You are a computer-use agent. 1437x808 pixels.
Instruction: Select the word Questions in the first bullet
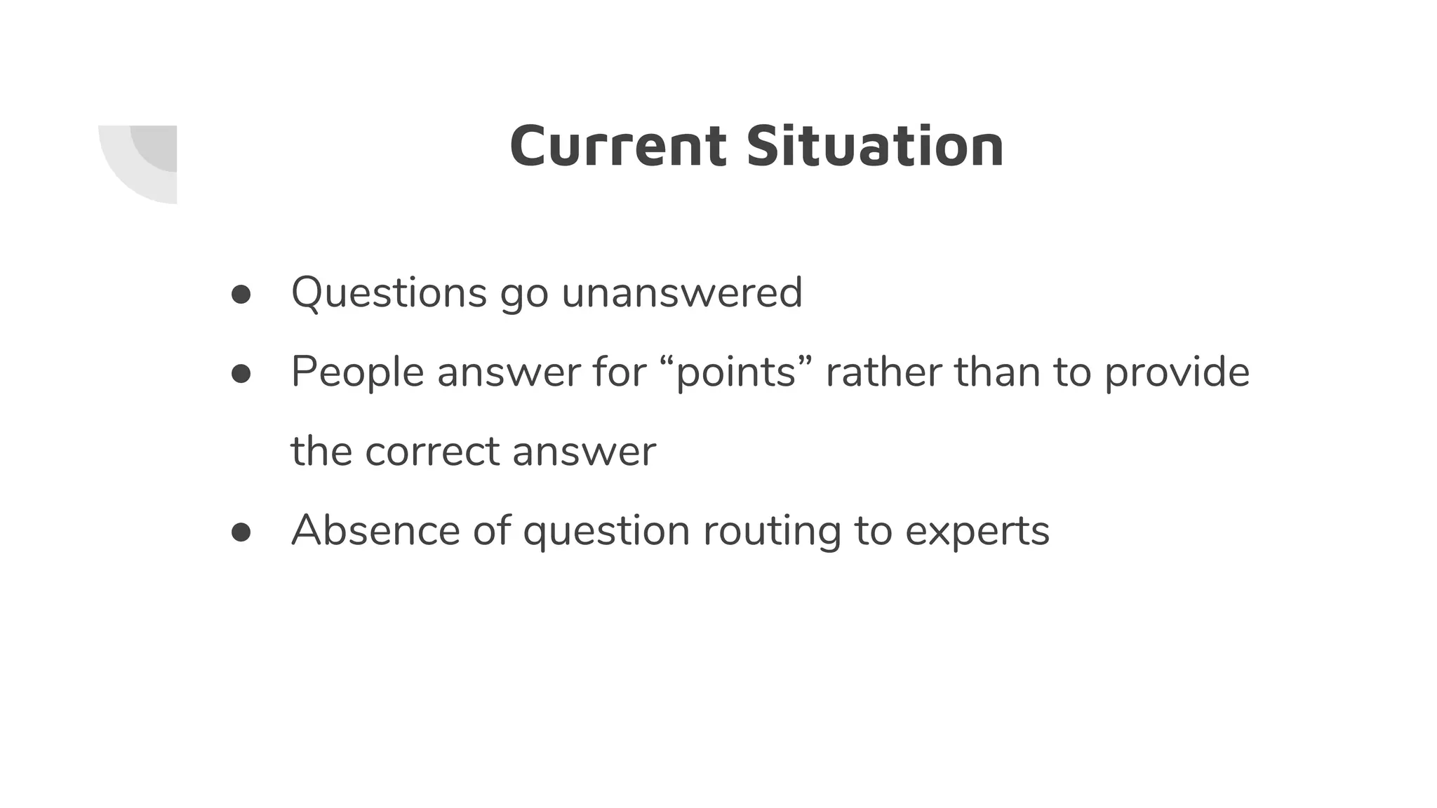pyautogui.click(x=389, y=292)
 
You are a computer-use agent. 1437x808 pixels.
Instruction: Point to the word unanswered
pyautogui.click(x=681, y=292)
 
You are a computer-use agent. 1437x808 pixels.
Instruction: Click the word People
pyautogui.click(x=357, y=372)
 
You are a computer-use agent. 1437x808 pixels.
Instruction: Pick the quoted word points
pyautogui.click(x=736, y=372)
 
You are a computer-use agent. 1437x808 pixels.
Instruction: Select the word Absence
pyautogui.click(x=375, y=530)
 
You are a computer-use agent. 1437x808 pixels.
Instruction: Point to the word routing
pyautogui.click(x=772, y=530)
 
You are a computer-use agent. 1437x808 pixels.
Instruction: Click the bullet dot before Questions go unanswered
pyautogui.click(x=241, y=295)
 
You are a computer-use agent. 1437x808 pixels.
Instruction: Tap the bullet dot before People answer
pyautogui.click(x=241, y=374)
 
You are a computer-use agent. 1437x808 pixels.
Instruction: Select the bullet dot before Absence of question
pyautogui.click(x=241, y=532)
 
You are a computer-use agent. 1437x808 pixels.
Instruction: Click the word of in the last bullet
pyautogui.click(x=491, y=530)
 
